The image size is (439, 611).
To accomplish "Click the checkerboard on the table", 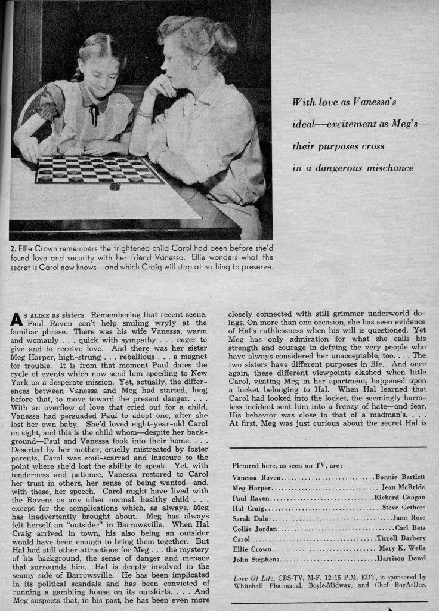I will point(98,170).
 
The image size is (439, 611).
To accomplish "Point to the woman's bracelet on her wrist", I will point(144,113).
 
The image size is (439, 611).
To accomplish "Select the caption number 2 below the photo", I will point(12,247).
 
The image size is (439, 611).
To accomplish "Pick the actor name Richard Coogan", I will point(400,498).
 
